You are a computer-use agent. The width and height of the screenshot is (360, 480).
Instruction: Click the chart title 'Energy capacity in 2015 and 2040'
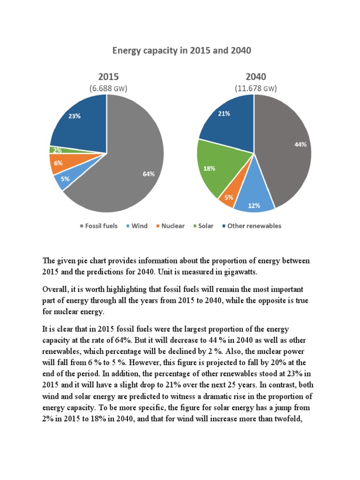point(181,50)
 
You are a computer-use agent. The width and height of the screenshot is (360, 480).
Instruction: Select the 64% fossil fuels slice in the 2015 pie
point(136,169)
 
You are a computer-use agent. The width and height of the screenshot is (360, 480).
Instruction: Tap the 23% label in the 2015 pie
point(74,116)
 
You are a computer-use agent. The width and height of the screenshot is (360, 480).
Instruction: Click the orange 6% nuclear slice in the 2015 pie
point(59,163)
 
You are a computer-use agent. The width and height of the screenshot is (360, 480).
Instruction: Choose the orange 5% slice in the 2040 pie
point(228,197)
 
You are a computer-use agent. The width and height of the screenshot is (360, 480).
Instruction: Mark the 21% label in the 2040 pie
point(224,113)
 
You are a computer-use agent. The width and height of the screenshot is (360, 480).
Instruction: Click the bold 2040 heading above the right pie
point(255,77)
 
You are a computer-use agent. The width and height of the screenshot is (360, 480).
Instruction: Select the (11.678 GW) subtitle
point(255,88)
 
